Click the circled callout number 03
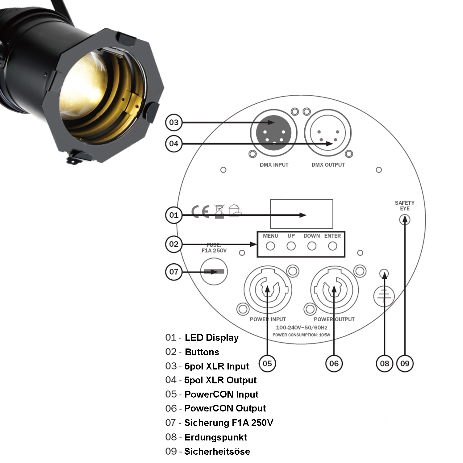174,123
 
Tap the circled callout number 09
405,363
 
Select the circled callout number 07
174,272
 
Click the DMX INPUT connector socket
273,133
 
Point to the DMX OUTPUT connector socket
328,133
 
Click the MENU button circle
270,246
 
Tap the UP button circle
291,246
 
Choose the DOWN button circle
312,246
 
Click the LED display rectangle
302,214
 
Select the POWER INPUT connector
268,290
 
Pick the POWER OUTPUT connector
334,290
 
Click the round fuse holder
214,272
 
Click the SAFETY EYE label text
405,206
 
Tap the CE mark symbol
200,211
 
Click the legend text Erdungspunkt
215,437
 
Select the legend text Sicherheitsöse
217,451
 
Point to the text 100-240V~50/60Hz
302,327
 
